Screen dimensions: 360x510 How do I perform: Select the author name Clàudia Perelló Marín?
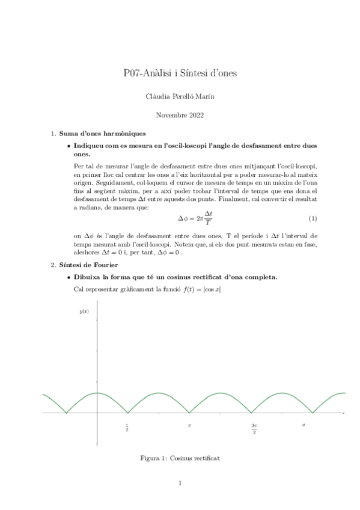(x=180, y=96)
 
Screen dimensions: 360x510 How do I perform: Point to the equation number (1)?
(x=313, y=217)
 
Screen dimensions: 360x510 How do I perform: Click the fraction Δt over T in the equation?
(x=209, y=217)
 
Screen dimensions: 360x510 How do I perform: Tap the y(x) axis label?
(x=84, y=311)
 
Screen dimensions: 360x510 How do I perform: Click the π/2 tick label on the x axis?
(x=127, y=428)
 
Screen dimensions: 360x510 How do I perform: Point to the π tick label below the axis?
(x=189, y=425)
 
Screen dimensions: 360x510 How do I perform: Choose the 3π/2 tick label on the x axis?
(x=254, y=428)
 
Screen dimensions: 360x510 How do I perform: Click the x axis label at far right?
(x=304, y=425)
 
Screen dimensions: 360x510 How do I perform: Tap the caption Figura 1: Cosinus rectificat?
(x=180, y=458)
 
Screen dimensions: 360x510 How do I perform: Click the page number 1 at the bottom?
(x=180, y=483)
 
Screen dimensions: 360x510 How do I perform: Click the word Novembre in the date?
(x=171, y=114)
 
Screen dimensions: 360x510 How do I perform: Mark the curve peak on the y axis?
(x=97, y=393)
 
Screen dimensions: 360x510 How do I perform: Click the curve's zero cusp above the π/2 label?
(x=128, y=413)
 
